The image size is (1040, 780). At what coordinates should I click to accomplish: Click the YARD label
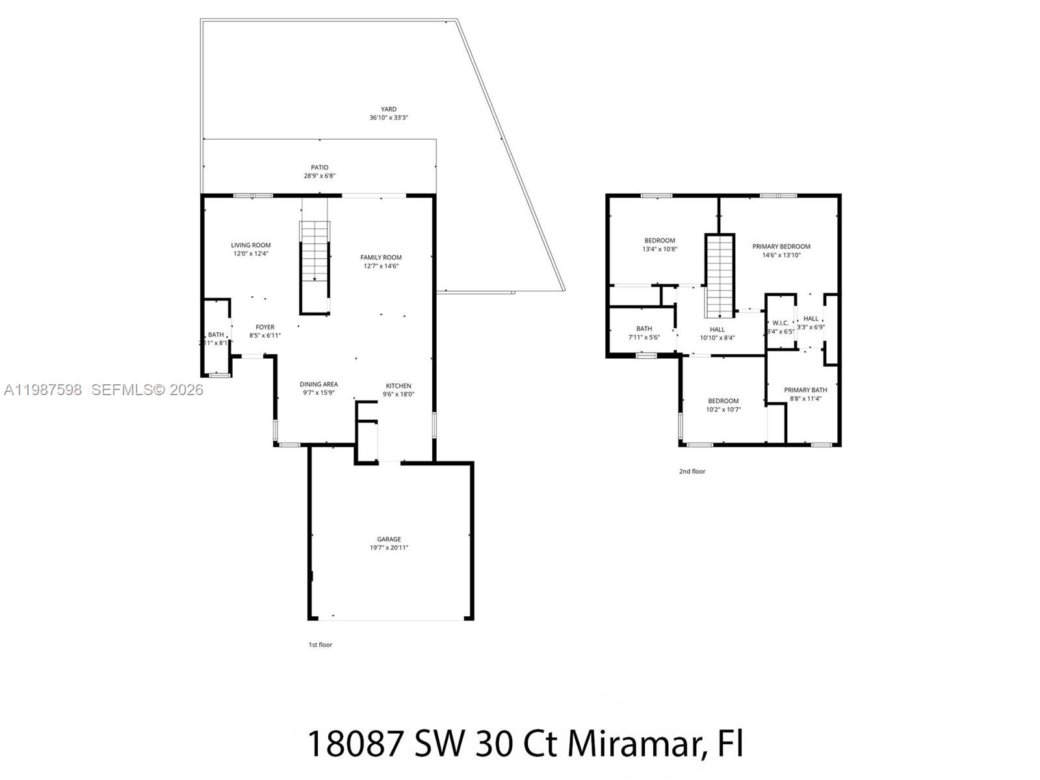tap(389, 109)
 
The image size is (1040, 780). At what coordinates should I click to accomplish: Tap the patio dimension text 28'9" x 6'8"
tap(319, 176)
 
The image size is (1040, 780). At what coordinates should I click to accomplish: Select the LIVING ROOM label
tap(251, 245)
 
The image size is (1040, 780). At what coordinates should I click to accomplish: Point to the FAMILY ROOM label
tap(381, 257)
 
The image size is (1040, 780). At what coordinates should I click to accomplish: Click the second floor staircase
tap(720, 276)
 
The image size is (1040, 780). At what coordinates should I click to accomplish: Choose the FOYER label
tap(265, 327)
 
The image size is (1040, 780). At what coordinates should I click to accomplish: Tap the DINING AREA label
tap(318, 384)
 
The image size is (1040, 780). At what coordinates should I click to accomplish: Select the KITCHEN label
tap(398, 385)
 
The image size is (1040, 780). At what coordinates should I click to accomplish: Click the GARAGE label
tap(389, 539)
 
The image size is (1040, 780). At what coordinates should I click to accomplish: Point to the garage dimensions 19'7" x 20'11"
tap(389, 548)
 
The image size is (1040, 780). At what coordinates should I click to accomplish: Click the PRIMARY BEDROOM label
tap(781, 246)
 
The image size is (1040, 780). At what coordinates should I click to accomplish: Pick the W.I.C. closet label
tap(780, 323)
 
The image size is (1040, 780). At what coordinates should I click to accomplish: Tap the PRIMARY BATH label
tap(805, 390)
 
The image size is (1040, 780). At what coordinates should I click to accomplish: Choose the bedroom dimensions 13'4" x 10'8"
tap(660, 249)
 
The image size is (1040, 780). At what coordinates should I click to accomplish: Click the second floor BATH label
tap(644, 329)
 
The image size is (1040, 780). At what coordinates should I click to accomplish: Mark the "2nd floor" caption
tap(692, 471)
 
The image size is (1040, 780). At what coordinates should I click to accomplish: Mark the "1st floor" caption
tap(320, 645)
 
